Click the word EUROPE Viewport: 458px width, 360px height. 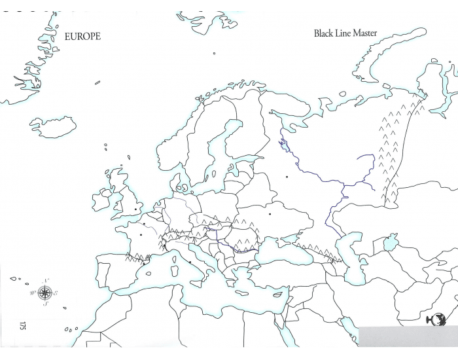[x=82, y=37]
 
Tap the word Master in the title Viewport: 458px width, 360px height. [x=364, y=33]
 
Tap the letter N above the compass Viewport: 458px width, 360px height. [x=45, y=281]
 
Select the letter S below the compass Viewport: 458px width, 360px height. [x=45, y=304]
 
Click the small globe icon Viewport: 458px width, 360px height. [x=432, y=320]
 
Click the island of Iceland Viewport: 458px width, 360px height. [x=54, y=126]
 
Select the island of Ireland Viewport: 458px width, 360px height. [x=103, y=198]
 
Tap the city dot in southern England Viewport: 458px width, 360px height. [x=135, y=209]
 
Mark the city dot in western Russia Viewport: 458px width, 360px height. [x=287, y=177]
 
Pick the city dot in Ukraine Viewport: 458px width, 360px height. [x=270, y=213]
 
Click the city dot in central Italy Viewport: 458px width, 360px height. [x=190, y=262]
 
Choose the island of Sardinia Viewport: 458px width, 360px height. [x=175, y=273]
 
